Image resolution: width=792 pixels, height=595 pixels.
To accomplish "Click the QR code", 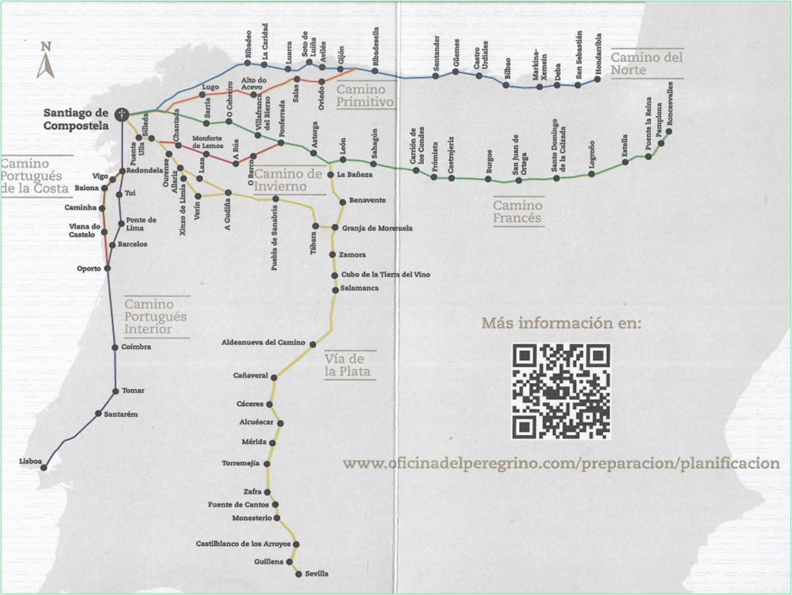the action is (x=561, y=391).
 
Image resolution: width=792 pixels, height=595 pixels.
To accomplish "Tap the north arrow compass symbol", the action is (x=46, y=60).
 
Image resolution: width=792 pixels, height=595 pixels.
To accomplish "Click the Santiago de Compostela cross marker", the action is (x=122, y=115).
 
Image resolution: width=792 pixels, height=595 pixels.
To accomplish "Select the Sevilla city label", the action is (x=317, y=573).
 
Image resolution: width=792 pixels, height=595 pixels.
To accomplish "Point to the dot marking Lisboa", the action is (x=44, y=468).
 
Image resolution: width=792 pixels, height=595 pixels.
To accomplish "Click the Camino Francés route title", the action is (x=518, y=212).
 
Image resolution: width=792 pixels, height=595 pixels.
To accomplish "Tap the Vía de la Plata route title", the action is (x=347, y=365).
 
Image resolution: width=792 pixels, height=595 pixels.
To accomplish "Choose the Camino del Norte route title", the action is (x=646, y=63).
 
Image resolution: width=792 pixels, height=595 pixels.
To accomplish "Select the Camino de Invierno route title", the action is (x=287, y=180).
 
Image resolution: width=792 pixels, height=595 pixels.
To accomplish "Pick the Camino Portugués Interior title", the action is (x=155, y=317).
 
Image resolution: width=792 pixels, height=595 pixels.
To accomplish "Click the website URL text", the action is (x=561, y=463).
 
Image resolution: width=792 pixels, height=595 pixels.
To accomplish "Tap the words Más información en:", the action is (x=561, y=323).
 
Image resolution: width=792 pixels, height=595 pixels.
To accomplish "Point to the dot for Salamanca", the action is (x=335, y=290).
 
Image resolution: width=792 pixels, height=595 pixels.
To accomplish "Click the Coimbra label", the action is (x=136, y=347).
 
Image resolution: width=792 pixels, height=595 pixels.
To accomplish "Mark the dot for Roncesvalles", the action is (x=669, y=132).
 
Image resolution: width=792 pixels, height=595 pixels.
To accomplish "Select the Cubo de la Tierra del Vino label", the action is (x=386, y=274).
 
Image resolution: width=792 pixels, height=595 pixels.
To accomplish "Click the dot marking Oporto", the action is (x=107, y=268).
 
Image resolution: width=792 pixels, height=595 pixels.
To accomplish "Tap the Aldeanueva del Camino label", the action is (x=263, y=342).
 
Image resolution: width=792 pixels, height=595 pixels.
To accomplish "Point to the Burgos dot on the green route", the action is (x=488, y=178).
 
